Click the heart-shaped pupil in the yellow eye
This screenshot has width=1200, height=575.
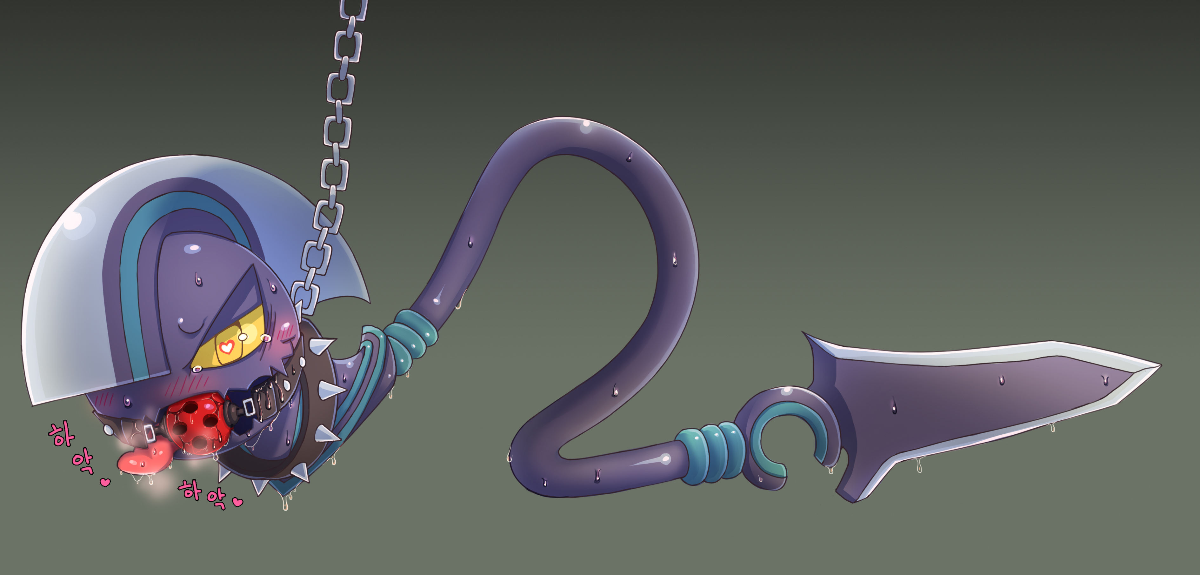coord(227,347)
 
